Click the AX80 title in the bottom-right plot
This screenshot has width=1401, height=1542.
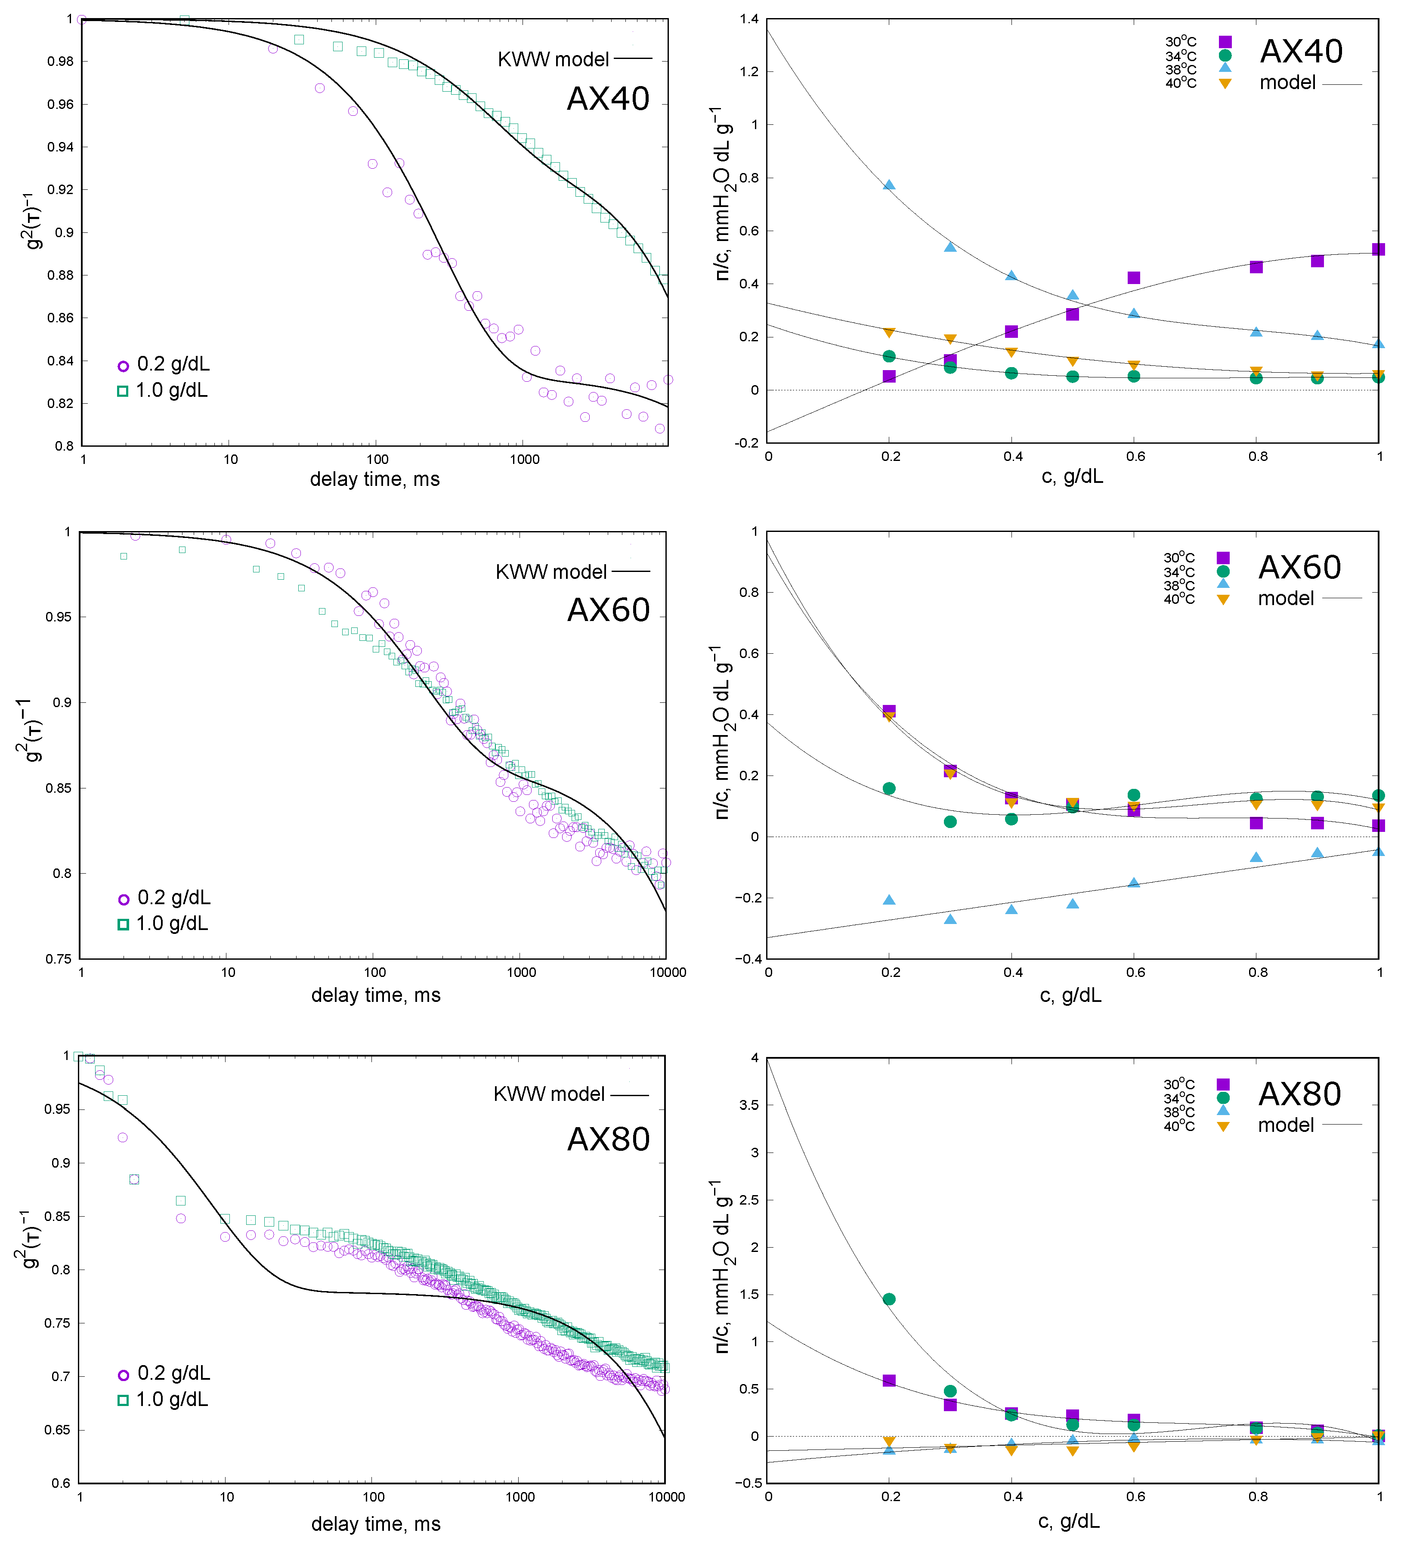coord(1299,1094)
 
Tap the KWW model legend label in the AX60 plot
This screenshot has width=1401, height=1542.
coord(551,572)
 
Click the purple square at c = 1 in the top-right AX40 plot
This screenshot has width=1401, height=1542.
coord(1378,249)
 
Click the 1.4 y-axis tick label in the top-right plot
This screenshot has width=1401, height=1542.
coord(749,19)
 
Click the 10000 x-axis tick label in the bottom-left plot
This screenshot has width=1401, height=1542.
coord(666,1497)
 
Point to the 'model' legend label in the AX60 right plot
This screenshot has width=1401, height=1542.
coord(1286,598)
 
